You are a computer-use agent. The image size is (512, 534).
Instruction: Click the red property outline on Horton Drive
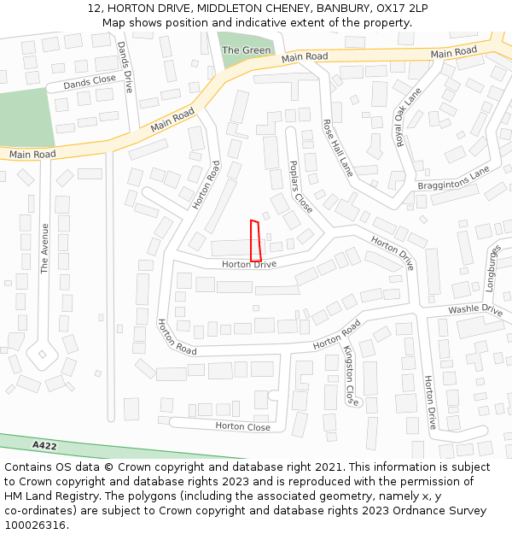pyautogui.click(x=255, y=241)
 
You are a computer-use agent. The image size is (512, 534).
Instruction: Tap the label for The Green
pyautogui.click(x=246, y=50)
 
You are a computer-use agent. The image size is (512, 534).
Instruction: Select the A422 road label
pyautogui.click(x=44, y=446)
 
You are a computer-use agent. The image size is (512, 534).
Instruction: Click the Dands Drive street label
pyautogui.click(x=126, y=67)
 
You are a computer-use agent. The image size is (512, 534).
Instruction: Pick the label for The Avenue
pyautogui.click(x=45, y=249)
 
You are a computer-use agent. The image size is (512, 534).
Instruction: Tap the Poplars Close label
pyautogui.click(x=300, y=186)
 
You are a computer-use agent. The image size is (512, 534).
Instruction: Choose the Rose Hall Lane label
pyautogui.click(x=337, y=148)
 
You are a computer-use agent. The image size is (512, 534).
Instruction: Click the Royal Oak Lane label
pyautogui.click(x=408, y=117)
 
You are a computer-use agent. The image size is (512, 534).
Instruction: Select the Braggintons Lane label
pyautogui.click(x=453, y=179)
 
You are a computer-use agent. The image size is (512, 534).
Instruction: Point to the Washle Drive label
pyautogui.click(x=475, y=309)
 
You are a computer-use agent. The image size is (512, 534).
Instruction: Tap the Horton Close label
pyautogui.click(x=242, y=426)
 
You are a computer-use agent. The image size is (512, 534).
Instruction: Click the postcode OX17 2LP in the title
pyautogui.click(x=401, y=9)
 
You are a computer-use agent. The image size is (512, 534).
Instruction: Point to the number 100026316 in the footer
pyautogui.click(x=35, y=525)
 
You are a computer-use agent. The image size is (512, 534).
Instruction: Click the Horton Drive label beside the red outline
pyautogui.click(x=249, y=265)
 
